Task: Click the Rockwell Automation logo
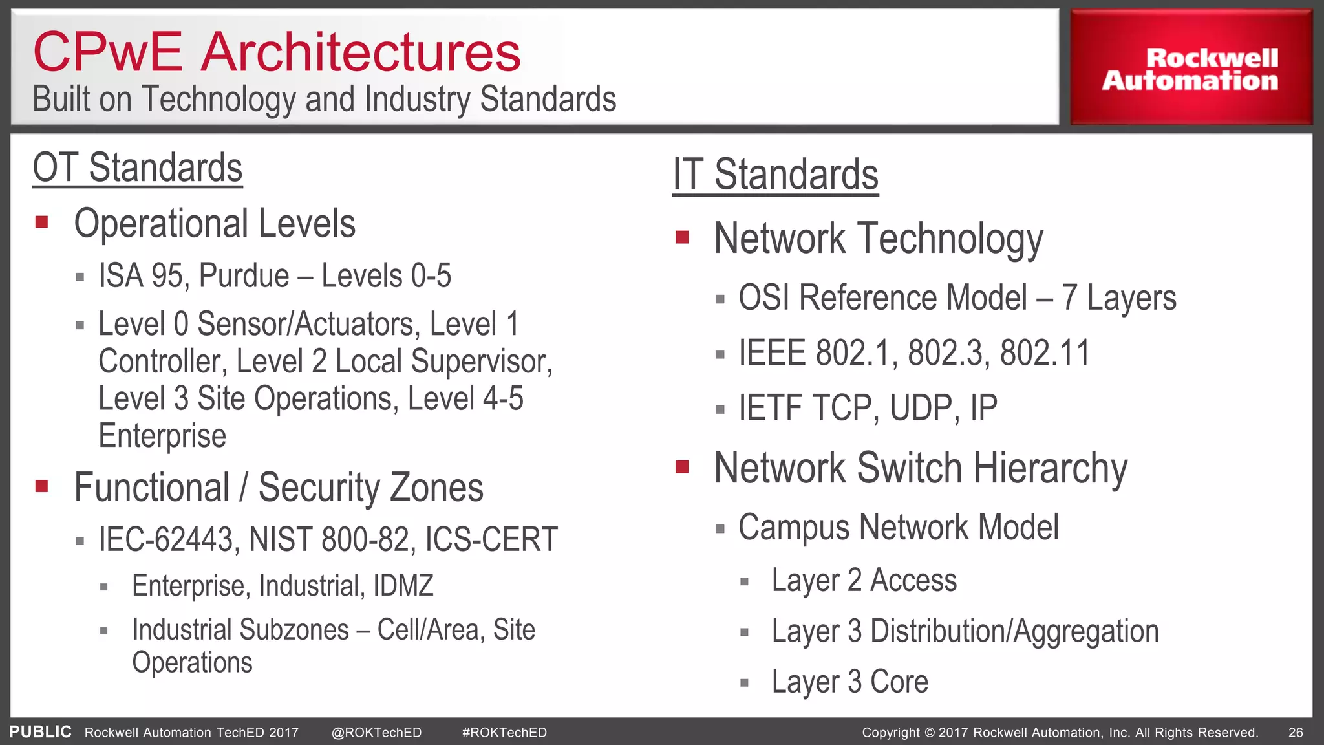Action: click(x=1190, y=69)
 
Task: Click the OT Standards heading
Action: click(x=137, y=168)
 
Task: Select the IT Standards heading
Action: click(x=775, y=175)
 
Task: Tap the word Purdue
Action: click(x=244, y=276)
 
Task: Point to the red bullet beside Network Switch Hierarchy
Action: click(x=681, y=467)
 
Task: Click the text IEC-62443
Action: click(x=165, y=539)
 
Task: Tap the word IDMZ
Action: click(x=403, y=586)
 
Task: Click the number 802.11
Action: click(x=1044, y=353)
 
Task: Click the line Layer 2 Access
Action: click(x=864, y=580)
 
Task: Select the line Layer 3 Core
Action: click(x=849, y=682)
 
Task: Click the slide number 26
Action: click(x=1295, y=733)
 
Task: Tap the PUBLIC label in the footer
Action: click(x=40, y=732)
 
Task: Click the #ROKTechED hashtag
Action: click(x=504, y=733)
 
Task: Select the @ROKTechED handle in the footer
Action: click(x=376, y=733)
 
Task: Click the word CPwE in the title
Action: click(x=108, y=52)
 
